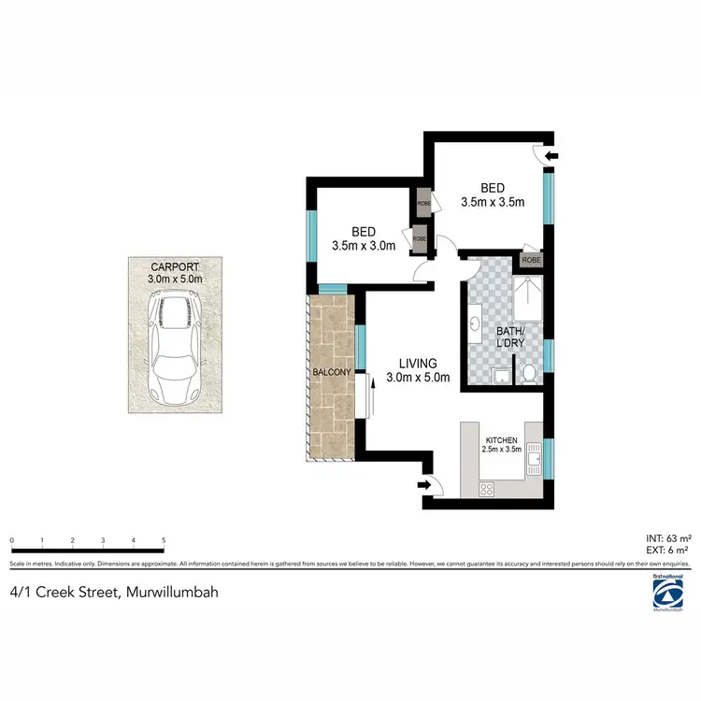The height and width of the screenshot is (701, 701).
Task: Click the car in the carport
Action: [x=176, y=347]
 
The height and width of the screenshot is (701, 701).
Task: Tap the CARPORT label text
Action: [x=176, y=265]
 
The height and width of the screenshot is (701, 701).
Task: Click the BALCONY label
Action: [x=333, y=372]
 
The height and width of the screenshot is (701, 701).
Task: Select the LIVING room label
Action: [x=418, y=363]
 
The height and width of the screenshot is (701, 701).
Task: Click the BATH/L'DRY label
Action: [x=510, y=337]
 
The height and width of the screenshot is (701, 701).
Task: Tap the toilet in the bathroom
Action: [x=530, y=374]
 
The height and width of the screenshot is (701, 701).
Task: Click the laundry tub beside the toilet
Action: [x=502, y=376]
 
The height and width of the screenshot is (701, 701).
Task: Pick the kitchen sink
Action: [x=535, y=457]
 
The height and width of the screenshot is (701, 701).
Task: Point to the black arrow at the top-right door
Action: [x=551, y=156]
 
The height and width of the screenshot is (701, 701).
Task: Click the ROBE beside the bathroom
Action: [x=531, y=260]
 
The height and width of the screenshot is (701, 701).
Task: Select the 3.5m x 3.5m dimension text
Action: [x=493, y=201]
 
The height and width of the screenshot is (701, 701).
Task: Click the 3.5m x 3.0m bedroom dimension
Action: [x=364, y=246]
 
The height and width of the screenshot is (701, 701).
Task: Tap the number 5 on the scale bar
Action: [x=164, y=540]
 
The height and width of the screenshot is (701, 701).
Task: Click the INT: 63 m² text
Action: [x=668, y=538]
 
